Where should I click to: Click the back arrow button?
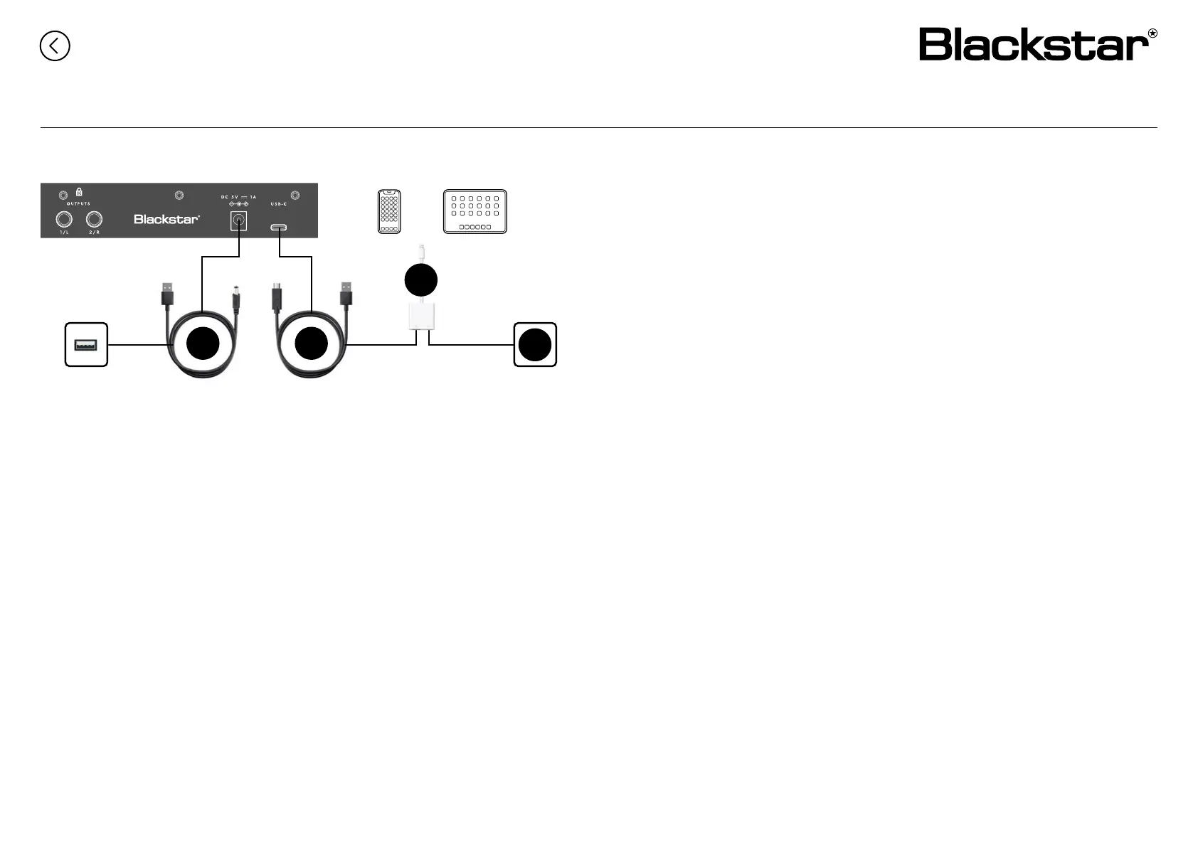coord(55,46)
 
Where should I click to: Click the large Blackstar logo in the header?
coord(1037,45)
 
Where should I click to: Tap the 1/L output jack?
coord(64,219)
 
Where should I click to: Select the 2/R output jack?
coord(94,219)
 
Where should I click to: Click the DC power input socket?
coord(238,221)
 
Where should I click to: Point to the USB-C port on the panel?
coord(279,228)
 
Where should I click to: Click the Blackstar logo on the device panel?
coord(166,219)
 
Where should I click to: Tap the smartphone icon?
coord(389,211)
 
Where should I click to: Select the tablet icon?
coord(475,211)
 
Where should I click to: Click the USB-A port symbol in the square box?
coord(86,345)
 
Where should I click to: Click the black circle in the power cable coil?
coord(203,344)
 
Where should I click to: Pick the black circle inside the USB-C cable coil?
coord(311,344)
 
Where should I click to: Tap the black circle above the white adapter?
coord(420,280)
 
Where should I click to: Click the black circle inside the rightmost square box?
coord(535,345)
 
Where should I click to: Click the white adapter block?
coord(423,315)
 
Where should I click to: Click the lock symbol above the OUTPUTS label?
coord(79,191)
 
